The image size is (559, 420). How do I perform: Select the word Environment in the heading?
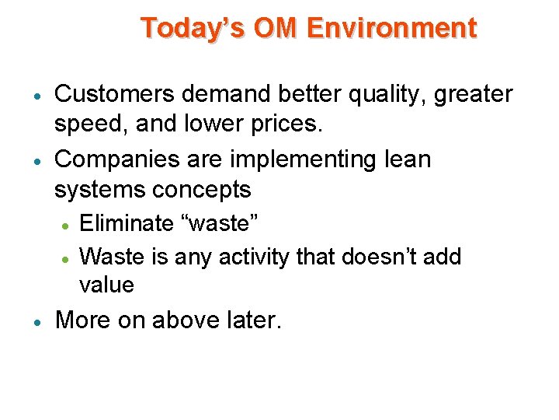point(392,28)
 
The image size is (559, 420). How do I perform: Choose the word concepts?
point(204,191)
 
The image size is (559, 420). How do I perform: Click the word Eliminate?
point(127,224)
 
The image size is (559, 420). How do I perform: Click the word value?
point(106,285)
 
